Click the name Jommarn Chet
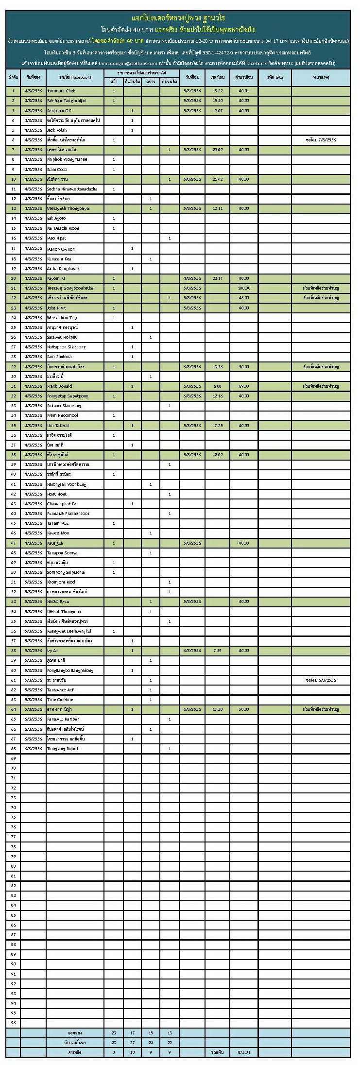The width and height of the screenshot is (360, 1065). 61,91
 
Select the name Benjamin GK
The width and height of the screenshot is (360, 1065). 59,111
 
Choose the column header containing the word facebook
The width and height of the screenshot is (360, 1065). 75,78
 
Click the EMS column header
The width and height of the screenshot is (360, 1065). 274,78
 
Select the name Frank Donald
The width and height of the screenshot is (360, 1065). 60,386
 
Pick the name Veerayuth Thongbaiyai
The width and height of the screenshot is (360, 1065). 69,208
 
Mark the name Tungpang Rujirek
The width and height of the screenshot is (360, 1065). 63,749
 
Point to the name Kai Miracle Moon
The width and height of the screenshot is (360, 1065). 63,228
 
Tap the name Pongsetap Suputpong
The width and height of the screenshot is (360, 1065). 68,396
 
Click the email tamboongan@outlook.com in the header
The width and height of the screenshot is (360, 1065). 128,64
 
